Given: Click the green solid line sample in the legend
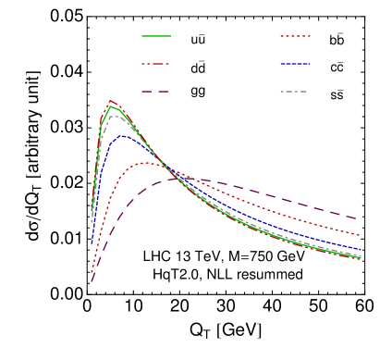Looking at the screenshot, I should click(x=156, y=36).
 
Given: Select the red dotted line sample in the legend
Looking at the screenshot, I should click(x=295, y=36).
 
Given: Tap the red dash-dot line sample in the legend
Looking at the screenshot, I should click(x=156, y=64).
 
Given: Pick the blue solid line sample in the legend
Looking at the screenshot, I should click(x=295, y=64).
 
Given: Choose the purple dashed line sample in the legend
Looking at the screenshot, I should click(x=156, y=92).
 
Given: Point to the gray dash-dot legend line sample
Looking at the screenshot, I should click(x=295, y=92).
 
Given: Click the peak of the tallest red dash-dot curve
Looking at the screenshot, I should click(x=111, y=101).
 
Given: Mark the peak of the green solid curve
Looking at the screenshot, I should click(x=112, y=106).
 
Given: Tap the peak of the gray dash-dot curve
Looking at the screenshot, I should click(x=114, y=115).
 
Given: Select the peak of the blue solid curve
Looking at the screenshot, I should click(x=121, y=136).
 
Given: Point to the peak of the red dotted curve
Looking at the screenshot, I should click(x=146, y=163).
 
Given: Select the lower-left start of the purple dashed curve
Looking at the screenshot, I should click(x=92, y=282).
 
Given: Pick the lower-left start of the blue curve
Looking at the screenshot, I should click(x=92, y=242).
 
